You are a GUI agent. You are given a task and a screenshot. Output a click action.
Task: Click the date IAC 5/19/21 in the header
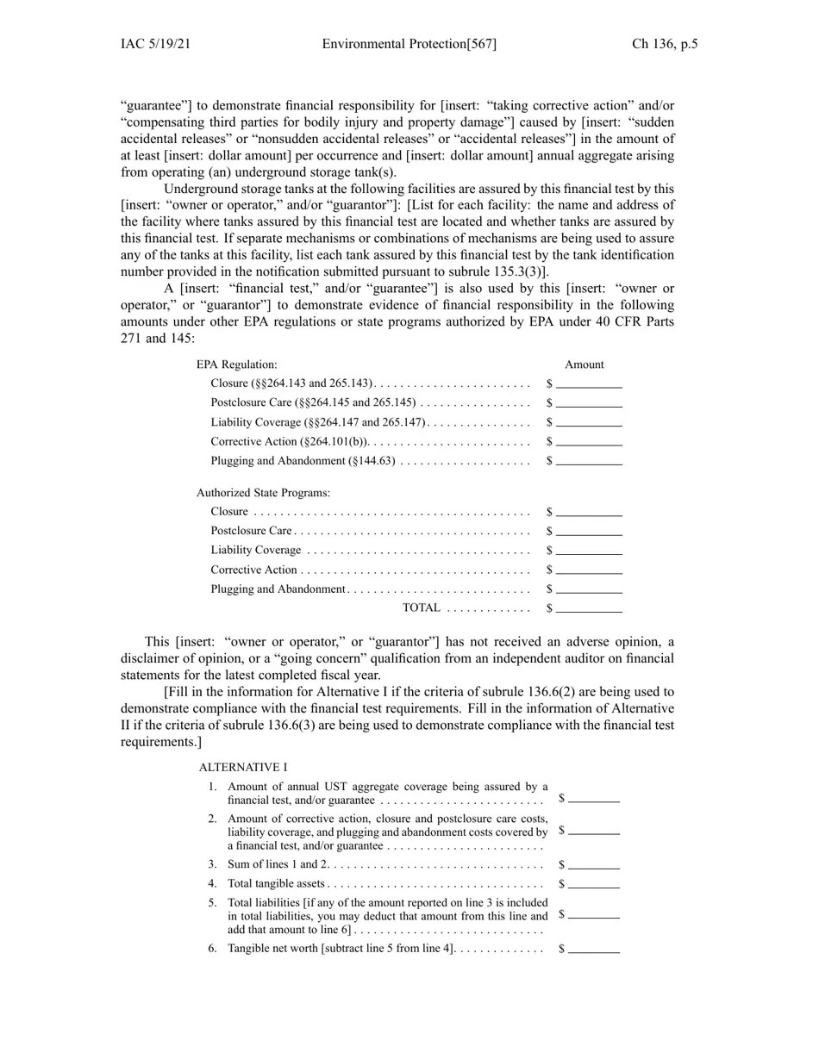click(x=155, y=44)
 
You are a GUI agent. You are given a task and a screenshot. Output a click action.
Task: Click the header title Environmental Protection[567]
click(x=409, y=44)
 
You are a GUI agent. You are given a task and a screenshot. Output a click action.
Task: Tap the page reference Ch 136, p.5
click(x=665, y=44)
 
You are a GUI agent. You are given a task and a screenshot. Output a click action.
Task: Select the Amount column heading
click(x=585, y=364)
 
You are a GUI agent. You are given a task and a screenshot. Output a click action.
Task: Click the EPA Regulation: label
click(x=237, y=364)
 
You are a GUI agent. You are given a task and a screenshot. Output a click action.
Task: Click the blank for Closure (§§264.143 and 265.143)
click(x=589, y=384)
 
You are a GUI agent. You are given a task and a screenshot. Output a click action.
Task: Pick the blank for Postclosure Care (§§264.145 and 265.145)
click(x=589, y=403)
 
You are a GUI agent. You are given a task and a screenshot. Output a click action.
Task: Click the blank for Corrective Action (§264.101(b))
click(x=589, y=442)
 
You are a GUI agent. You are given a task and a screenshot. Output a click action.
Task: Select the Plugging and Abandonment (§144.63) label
click(x=303, y=461)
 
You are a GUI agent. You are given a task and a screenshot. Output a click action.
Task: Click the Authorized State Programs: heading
click(x=263, y=493)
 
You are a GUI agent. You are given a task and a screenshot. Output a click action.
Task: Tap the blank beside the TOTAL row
click(x=589, y=608)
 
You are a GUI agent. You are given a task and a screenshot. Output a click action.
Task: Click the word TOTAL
click(x=422, y=608)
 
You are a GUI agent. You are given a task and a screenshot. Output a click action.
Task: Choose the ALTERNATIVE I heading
click(x=243, y=767)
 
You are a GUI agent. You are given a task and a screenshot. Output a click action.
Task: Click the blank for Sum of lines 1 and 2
click(x=594, y=865)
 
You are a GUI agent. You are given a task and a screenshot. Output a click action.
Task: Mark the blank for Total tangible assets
click(x=594, y=884)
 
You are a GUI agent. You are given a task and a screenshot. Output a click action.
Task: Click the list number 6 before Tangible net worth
click(x=212, y=949)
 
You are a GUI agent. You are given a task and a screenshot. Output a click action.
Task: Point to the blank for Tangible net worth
click(x=594, y=950)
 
